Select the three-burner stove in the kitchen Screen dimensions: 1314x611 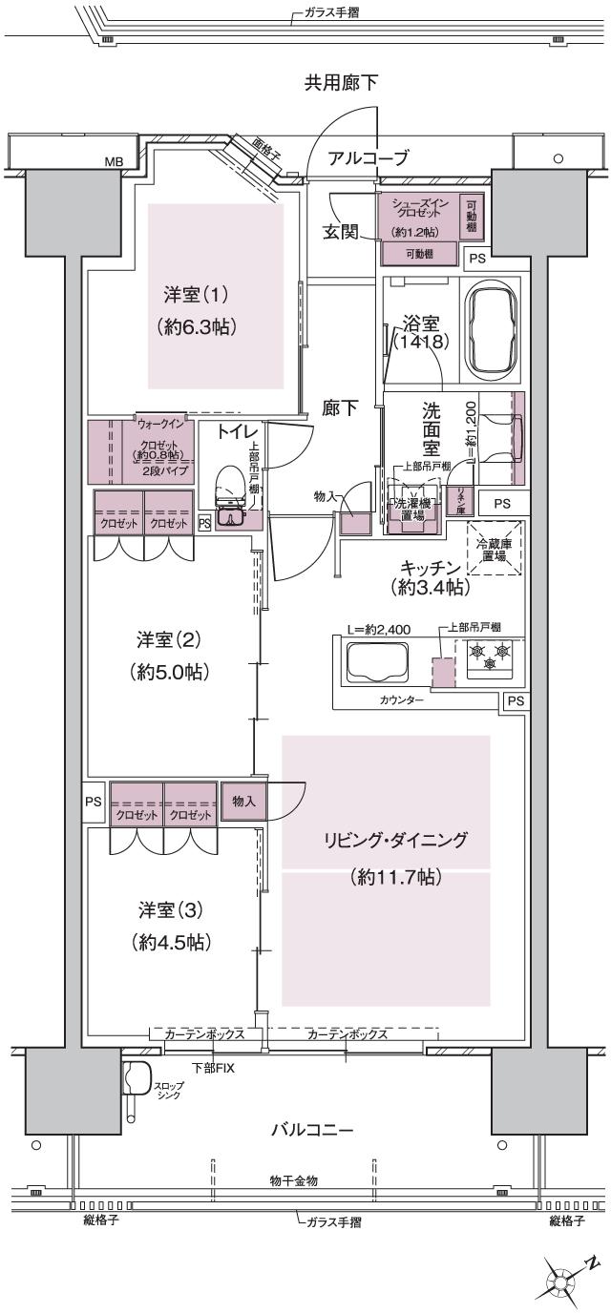click(488, 657)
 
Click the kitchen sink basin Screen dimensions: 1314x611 click(375, 660)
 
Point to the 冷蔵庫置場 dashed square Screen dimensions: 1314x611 click(494, 548)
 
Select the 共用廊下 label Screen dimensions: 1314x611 click(341, 84)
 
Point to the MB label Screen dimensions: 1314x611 click(114, 161)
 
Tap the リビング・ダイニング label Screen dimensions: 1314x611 click(394, 840)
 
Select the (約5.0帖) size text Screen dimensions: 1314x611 click(170, 672)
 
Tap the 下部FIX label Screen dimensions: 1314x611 click(212, 1067)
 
